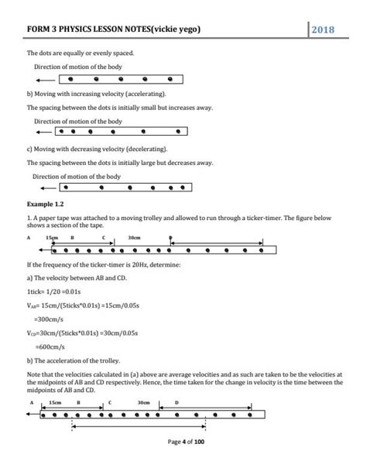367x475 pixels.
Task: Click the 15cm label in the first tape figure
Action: (x=53, y=236)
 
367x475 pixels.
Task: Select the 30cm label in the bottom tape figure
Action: (x=143, y=403)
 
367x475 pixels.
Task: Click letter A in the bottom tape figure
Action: (x=32, y=404)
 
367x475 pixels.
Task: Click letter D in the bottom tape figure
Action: (x=176, y=403)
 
